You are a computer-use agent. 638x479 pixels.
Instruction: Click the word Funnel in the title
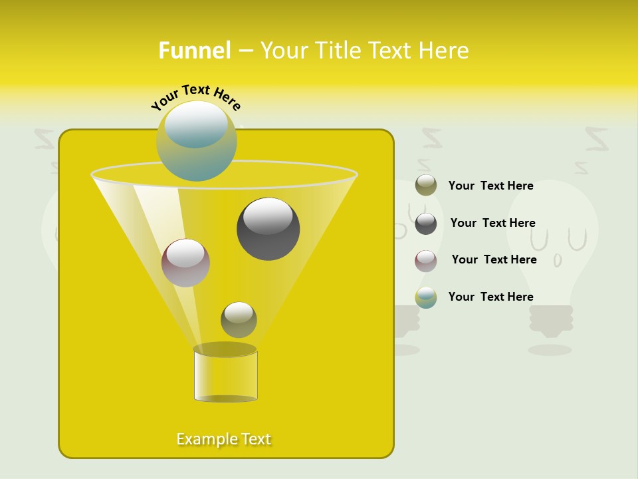coord(194,51)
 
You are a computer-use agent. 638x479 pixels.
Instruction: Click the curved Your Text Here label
coord(195,97)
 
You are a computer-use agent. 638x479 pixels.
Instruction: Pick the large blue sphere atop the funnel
coord(197,140)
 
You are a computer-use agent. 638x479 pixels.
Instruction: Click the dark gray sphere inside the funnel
coord(268,228)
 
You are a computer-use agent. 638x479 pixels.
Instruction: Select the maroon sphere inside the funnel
coord(185,263)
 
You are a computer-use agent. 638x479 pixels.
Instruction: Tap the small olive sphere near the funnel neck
coord(239,319)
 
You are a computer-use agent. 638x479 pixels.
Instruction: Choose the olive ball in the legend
coord(426,185)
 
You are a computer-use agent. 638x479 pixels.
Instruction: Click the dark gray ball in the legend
coord(426,223)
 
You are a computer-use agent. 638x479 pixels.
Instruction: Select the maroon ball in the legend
coord(426,260)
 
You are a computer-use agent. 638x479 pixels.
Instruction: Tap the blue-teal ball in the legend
coord(426,297)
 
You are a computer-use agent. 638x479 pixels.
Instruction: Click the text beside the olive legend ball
coord(490,186)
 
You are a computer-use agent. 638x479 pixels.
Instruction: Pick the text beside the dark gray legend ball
coord(492,223)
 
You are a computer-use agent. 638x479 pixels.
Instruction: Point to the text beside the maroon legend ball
coord(494,259)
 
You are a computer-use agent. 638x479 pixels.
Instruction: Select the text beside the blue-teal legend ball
coord(490,297)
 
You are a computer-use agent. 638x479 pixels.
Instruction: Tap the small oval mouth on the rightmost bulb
coord(558,261)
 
